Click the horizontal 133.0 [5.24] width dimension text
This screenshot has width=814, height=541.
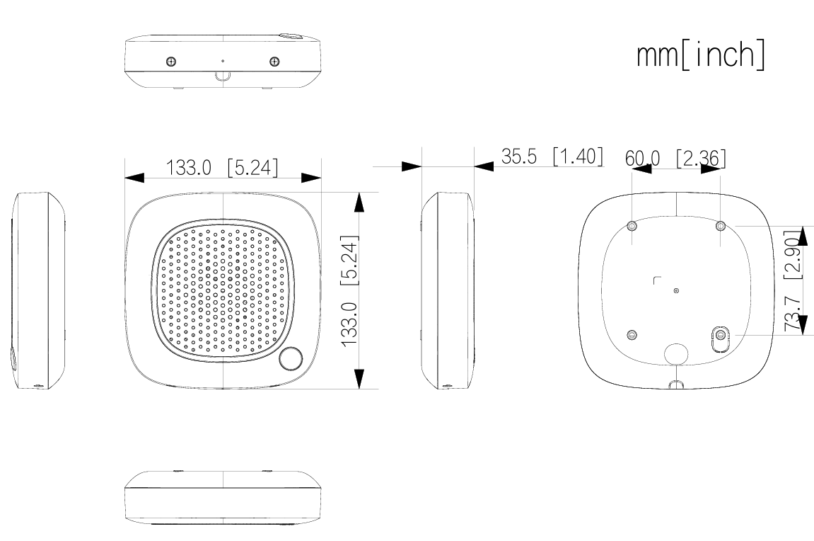(x=222, y=169)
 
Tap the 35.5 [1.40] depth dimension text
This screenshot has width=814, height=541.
(x=552, y=156)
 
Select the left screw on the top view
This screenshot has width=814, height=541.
(x=170, y=62)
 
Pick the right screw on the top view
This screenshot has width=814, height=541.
(x=274, y=62)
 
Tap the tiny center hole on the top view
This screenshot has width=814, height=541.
(x=223, y=61)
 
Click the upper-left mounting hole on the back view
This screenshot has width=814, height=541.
(x=632, y=225)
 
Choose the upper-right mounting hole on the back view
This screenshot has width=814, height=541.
(x=720, y=225)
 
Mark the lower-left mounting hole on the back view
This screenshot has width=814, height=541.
(x=632, y=334)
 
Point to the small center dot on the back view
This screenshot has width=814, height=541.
(x=677, y=290)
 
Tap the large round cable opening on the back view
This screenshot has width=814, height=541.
(x=677, y=353)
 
